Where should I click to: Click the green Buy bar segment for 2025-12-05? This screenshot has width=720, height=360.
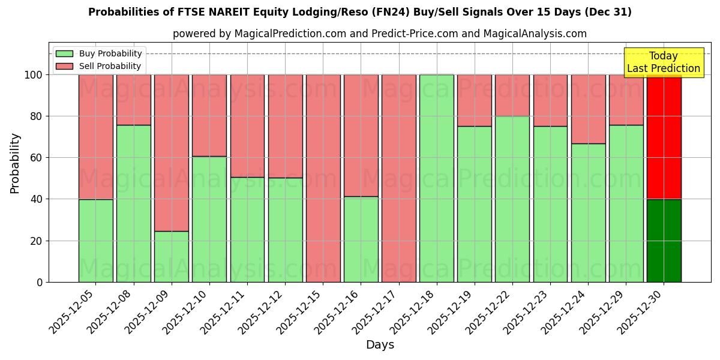95,241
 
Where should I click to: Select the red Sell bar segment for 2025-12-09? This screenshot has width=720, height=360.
172,152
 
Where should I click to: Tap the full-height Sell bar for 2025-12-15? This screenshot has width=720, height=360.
323,178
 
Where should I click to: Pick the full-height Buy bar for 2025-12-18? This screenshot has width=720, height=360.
437,178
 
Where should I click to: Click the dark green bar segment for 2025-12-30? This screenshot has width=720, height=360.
664,241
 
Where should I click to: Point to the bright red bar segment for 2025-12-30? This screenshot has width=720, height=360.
664,137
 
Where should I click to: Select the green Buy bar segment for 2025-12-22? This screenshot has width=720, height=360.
512,199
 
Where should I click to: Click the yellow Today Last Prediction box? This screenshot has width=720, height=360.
664,62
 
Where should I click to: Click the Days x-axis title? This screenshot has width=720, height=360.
380,345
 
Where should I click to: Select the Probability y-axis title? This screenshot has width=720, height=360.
15,163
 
